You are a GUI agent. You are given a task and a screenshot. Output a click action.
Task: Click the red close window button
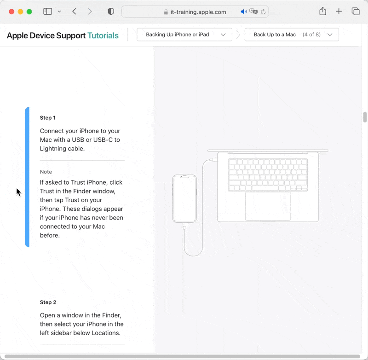coord(11,12)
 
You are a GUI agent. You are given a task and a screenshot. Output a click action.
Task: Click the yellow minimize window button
coord(20,12)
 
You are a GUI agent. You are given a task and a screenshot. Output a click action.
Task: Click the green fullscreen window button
coord(29,12)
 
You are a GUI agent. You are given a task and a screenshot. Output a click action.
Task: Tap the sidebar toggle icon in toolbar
coord(47,12)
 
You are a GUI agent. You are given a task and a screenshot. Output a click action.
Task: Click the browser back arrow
coord(75,12)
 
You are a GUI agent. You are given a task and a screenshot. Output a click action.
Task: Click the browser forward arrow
coord(90,12)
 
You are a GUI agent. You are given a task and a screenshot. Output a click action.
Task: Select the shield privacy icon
coord(111,12)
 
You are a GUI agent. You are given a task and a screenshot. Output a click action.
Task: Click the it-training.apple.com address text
coord(198,12)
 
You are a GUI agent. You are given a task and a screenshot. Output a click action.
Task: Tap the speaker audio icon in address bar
coord(243,12)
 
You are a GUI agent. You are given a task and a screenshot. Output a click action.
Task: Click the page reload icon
coord(263,12)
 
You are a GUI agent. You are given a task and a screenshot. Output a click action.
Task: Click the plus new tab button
coord(339,12)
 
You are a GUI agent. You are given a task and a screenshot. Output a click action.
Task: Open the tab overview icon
coord(355,12)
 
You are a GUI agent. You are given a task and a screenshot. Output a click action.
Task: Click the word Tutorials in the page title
coord(103,35)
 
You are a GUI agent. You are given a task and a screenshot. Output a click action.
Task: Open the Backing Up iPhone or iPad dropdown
coord(184,35)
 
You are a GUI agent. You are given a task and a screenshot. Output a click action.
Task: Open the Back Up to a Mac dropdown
coord(292,35)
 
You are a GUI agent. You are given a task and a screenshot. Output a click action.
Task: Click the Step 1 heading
coord(48,118)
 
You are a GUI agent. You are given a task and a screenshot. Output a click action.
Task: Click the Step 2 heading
coord(48,302)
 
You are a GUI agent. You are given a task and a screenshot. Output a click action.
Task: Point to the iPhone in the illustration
coord(184,199)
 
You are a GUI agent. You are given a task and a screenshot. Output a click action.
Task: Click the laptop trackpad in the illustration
coord(268,206)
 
